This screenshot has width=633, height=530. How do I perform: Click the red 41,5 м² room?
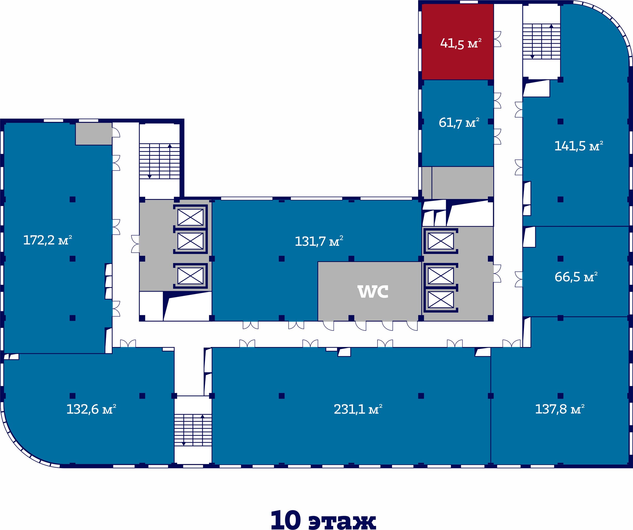pyautogui.click(x=457, y=42)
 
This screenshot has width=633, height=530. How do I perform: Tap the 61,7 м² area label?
pyautogui.click(x=459, y=123)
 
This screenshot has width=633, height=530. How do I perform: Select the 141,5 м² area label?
pyautogui.click(x=579, y=146)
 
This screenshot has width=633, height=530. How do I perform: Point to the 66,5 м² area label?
pyautogui.click(x=576, y=277)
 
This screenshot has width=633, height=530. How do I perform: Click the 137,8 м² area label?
pyautogui.click(x=560, y=409)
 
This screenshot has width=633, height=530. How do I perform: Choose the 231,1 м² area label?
pyautogui.click(x=358, y=409)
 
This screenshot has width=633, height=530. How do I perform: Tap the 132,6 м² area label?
pyautogui.click(x=91, y=409)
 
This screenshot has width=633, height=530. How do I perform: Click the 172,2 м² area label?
pyautogui.click(x=48, y=240)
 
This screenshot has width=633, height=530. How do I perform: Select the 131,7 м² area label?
pyautogui.click(x=319, y=241)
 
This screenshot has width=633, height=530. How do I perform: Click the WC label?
pyautogui.click(x=373, y=291)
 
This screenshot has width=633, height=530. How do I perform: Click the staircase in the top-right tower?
pyautogui.click(x=541, y=41)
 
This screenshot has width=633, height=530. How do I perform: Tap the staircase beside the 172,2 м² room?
pyautogui.click(x=160, y=161)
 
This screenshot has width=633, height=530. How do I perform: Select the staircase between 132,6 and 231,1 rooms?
pyautogui.click(x=193, y=430)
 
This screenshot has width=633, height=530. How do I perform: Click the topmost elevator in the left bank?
pyautogui.click(x=190, y=217)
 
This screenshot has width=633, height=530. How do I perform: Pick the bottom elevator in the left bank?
pyautogui.click(x=190, y=276)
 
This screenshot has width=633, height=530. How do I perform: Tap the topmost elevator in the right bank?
pyautogui.click(x=441, y=241)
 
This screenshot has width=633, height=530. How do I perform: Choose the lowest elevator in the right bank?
pyautogui.click(x=441, y=299)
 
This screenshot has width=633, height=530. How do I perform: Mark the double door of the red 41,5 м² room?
pyautogui.click(x=497, y=39)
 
